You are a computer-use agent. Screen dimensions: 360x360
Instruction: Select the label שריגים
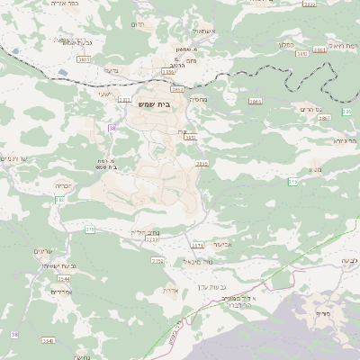click(43, 251)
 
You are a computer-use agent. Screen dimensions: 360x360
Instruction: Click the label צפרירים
click(61, 292)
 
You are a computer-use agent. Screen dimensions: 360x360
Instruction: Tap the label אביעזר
click(223, 243)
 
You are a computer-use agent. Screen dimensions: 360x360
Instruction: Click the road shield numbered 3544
click(64, 279)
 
